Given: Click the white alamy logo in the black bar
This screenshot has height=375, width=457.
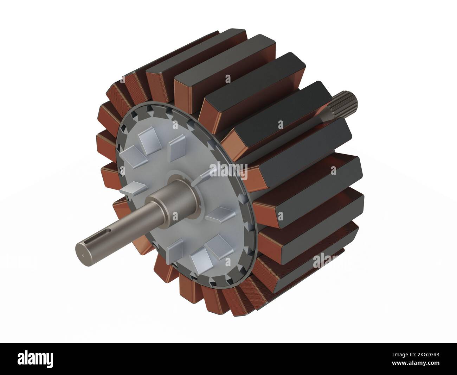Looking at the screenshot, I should pos(35,359).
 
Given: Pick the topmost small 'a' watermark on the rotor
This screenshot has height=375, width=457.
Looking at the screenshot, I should pos(228,79).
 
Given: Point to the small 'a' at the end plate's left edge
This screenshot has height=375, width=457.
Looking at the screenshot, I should pos(123,171).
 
